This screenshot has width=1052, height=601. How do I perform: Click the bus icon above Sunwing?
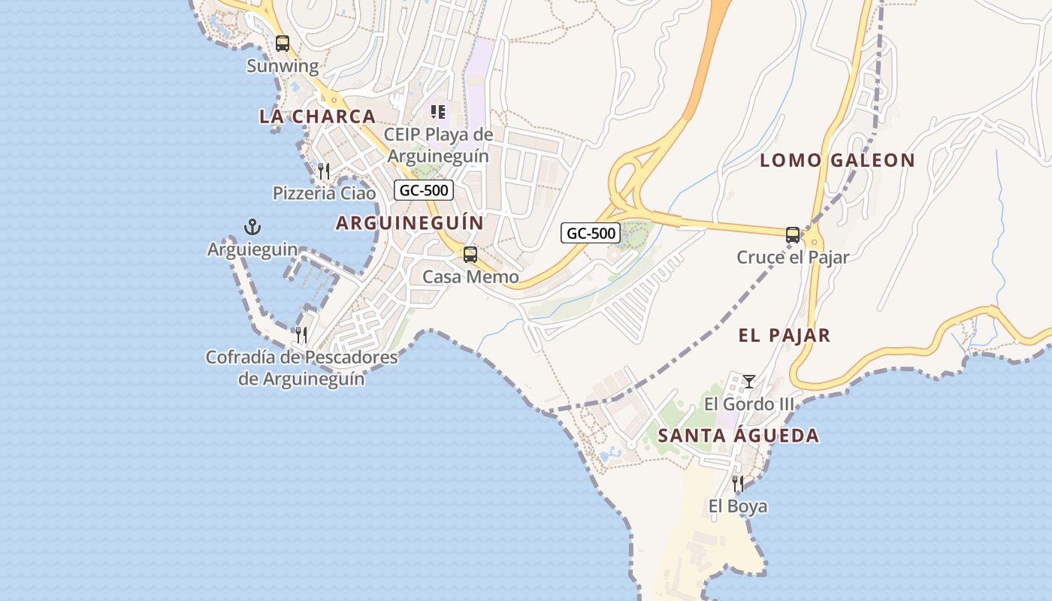pyautogui.click(x=283, y=44)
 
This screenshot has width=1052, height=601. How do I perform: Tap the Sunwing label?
pyautogui.click(x=283, y=66)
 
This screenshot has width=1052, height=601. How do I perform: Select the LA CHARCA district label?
pyautogui.click(x=317, y=116)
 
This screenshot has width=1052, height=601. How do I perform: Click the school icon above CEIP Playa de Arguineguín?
pyautogui.click(x=437, y=112)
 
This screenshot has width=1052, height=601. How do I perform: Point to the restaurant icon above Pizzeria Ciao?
pyautogui.click(x=324, y=171)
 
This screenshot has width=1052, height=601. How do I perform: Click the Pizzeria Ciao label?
pyautogui.click(x=324, y=193)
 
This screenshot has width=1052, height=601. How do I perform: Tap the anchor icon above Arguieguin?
pyautogui.click(x=252, y=226)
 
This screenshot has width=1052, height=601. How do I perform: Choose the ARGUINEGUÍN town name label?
pyautogui.click(x=410, y=223)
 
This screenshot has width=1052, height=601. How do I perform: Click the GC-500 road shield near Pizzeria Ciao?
pyautogui.click(x=424, y=190)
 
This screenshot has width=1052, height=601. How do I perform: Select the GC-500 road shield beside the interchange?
pyautogui.click(x=591, y=233)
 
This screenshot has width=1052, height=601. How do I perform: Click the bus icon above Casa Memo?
pyautogui.click(x=470, y=255)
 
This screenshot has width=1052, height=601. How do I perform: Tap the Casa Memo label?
pyautogui.click(x=470, y=277)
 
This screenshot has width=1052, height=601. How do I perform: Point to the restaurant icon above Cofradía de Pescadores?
pyautogui.click(x=301, y=334)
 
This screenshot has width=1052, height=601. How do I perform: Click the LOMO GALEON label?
pyautogui.click(x=837, y=160)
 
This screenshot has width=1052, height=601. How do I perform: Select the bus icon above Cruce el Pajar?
pyautogui.click(x=793, y=235)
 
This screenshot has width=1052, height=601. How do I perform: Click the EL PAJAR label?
pyautogui.click(x=784, y=336)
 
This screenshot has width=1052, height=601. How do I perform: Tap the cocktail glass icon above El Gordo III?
pyautogui.click(x=748, y=382)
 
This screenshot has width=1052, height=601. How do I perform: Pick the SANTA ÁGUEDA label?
pyautogui.click(x=739, y=436)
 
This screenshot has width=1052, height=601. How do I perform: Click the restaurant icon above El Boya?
pyautogui.click(x=738, y=483)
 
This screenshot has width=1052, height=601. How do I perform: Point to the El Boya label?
pyautogui.click(x=738, y=506)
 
